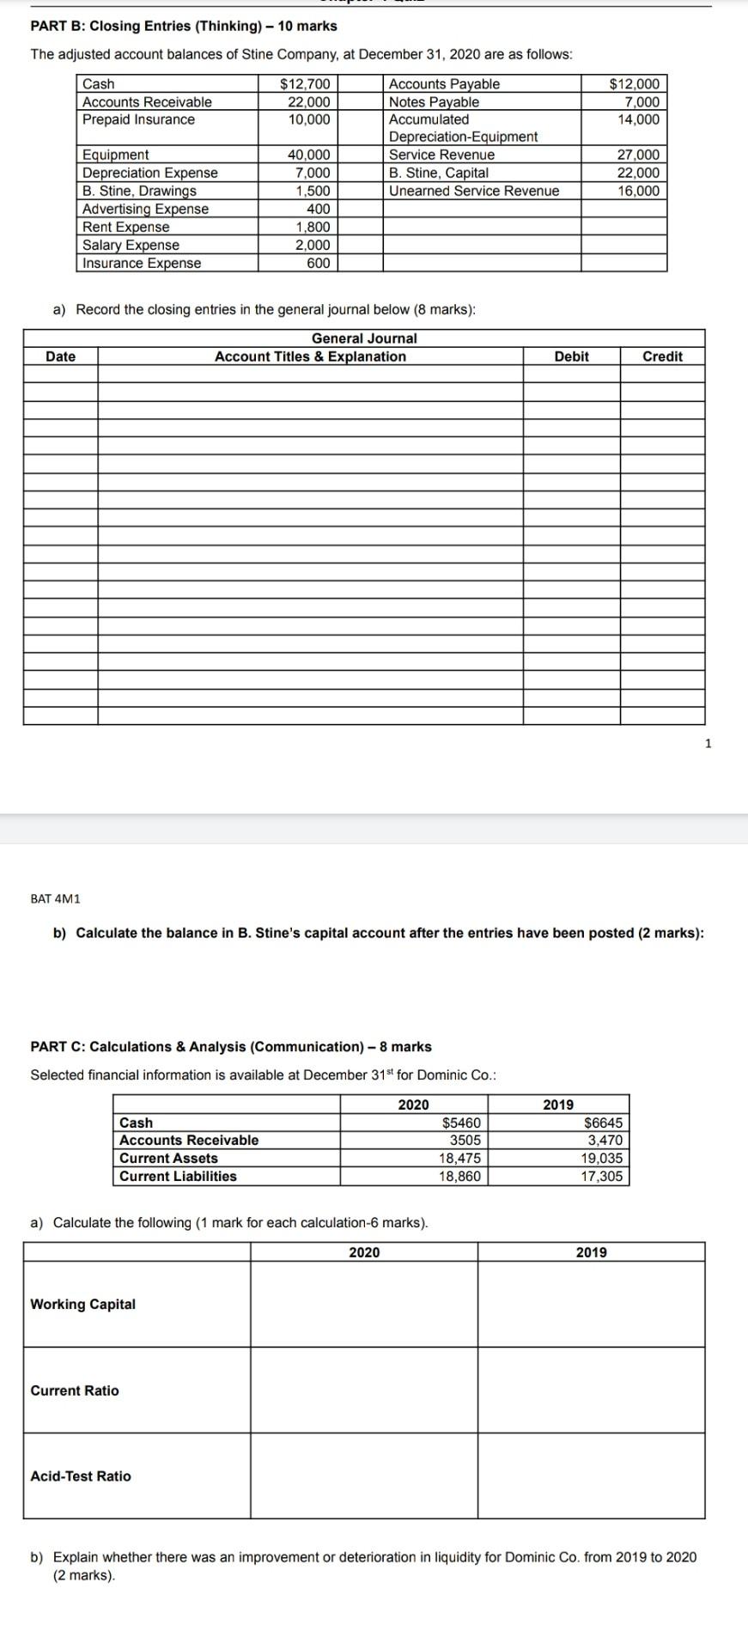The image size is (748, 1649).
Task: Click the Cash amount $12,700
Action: (x=305, y=84)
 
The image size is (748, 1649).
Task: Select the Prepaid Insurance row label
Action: (x=138, y=119)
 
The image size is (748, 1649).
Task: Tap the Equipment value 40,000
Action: (x=308, y=155)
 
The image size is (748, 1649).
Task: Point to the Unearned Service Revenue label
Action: (x=473, y=191)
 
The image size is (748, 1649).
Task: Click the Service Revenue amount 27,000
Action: (x=638, y=155)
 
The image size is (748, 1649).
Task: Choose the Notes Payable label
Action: (x=434, y=102)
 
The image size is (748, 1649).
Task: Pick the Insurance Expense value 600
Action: (x=318, y=263)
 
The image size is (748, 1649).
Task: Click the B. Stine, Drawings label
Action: (x=139, y=191)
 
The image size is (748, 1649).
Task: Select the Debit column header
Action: (x=571, y=356)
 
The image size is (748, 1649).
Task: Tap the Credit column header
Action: (x=662, y=356)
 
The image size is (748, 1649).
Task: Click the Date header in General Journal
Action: (x=60, y=356)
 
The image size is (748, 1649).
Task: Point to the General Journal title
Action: (x=364, y=338)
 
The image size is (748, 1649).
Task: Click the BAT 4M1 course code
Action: (x=55, y=898)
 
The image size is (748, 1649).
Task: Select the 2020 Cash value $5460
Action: (x=461, y=1123)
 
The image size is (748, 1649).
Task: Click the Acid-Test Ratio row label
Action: (x=81, y=1476)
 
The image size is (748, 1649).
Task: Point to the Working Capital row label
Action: (x=82, y=1304)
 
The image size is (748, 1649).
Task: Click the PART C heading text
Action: (x=231, y=1046)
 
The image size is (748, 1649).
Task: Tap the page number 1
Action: (x=708, y=744)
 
